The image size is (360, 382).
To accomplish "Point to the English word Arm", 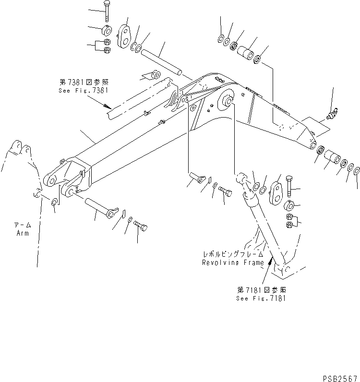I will coord(22,233).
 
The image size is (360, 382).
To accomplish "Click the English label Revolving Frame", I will coord(233,263).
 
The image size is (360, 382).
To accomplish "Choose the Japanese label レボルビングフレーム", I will coord(233,255).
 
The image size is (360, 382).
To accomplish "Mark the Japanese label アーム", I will coord(22,226).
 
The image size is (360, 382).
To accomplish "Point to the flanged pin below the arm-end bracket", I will coord(101,204).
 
